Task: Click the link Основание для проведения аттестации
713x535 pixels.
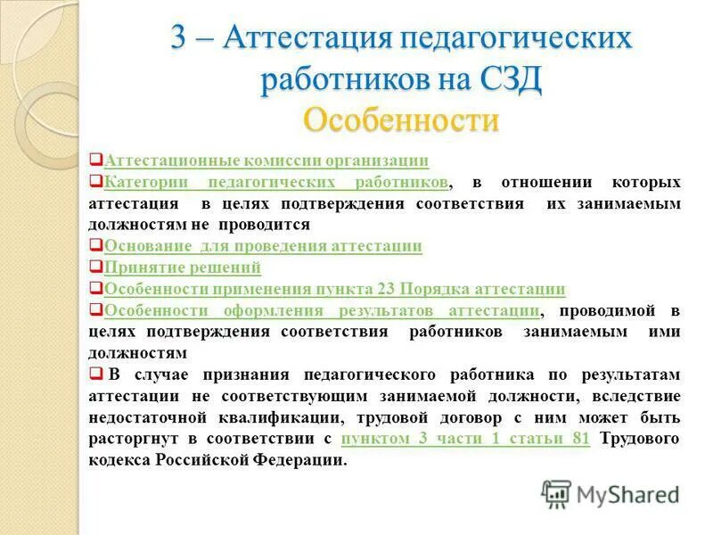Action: (263, 245)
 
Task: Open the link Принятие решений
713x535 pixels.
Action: (183, 267)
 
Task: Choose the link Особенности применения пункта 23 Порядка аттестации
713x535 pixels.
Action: (334, 288)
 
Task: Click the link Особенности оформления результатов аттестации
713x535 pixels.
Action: (321, 309)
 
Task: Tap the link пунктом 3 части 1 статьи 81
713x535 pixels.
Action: (465, 439)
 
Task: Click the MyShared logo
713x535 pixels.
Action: (611, 493)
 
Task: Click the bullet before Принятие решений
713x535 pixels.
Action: (96, 267)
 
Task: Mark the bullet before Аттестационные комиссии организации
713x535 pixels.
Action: (96, 160)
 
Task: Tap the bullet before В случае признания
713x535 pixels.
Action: (96, 374)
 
